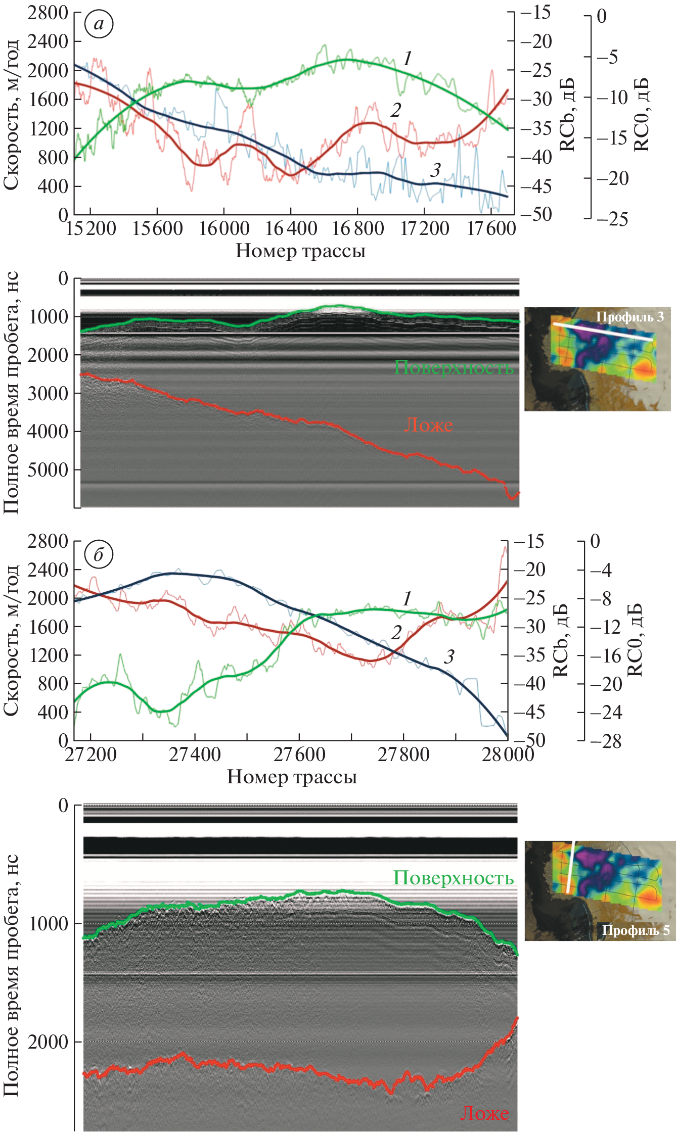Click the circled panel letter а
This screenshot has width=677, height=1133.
(x=99, y=24)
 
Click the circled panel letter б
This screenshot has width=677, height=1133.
(x=99, y=555)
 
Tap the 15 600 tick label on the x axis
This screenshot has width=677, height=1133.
(x=157, y=229)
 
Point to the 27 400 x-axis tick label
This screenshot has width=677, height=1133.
(x=195, y=755)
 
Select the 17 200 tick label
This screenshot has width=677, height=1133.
(x=425, y=229)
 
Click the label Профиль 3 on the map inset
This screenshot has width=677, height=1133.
(x=629, y=317)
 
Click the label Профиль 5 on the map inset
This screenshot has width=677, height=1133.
(x=635, y=930)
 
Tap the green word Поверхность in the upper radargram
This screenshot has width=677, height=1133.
(x=454, y=367)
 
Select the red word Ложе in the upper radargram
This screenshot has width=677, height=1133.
(x=428, y=425)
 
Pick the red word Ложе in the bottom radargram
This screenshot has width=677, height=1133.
(x=484, y=1113)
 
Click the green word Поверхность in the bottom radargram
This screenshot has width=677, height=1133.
(x=454, y=878)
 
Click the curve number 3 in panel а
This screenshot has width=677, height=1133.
(x=435, y=170)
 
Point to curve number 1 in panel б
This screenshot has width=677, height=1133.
(x=407, y=599)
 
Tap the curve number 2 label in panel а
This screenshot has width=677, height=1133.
(x=396, y=110)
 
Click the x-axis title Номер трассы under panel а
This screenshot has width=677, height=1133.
(x=300, y=251)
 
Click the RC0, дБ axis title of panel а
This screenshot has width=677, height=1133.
(x=641, y=115)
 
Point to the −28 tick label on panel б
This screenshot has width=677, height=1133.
(x=605, y=741)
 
